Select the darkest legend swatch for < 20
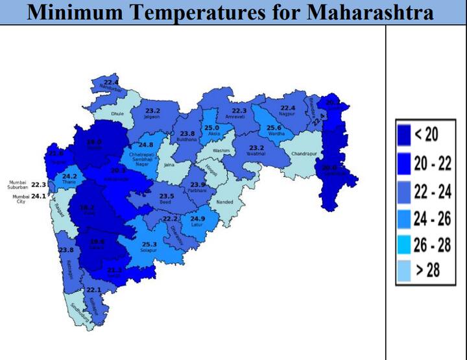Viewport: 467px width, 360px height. pos(405,135)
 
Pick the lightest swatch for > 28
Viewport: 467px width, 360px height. pos(405,269)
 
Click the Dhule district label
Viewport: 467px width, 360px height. pos(117,114)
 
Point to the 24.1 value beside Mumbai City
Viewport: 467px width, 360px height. pos(39,196)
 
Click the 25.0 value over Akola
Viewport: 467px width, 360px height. pos(212,128)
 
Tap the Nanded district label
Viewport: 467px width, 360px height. pos(224,202)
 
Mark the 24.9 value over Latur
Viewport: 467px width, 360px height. pos(198,219)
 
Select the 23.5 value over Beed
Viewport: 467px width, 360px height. pos(167,196)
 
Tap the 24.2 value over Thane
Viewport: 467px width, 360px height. pos(69,176)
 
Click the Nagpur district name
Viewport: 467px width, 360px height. pos(287,114)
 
